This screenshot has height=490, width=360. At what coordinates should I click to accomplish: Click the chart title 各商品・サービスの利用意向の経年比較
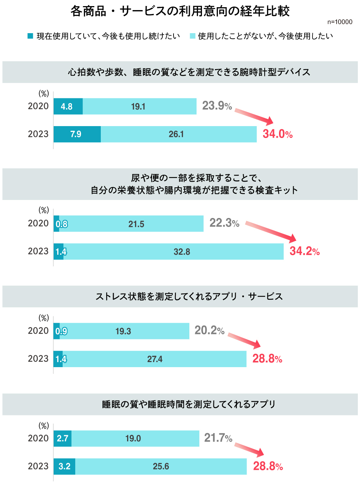pyautogui.click(x=180, y=11)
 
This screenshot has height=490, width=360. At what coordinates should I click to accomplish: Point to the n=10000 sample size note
pyautogui.click(x=339, y=22)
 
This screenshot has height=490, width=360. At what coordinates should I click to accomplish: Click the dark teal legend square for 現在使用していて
pyautogui.click(x=31, y=36)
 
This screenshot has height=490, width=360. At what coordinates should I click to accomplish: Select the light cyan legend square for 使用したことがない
pyautogui.click(x=193, y=36)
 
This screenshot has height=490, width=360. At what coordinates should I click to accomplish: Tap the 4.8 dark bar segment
pyautogui.click(x=68, y=106)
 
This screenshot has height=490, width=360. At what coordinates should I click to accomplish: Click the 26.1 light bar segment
pyautogui.click(x=179, y=134)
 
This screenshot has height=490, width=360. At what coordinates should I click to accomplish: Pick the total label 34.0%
pyautogui.click(x=278, y=134)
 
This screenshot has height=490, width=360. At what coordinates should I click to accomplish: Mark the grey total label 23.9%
pyautogui.click(x=217, y=106)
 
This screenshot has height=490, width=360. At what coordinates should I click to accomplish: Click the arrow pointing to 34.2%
pyautogui.click(x=271, y=232)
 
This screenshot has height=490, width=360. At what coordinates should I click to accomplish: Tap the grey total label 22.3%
pyautogui.click(x=224, y=223)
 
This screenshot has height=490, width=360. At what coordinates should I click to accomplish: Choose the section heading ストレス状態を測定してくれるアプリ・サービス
pyautogui.click(x=189, y=297)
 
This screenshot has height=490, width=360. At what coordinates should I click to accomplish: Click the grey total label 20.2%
pyautogui.click(x=209, y=330)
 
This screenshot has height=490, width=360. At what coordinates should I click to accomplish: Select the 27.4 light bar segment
pyautogui.click(x=155, y=359)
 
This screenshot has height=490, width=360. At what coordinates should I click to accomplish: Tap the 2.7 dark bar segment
pyautogui.click(x=63, y=438)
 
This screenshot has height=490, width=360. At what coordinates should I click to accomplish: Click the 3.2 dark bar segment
pyautogui.click(x=64, y=466)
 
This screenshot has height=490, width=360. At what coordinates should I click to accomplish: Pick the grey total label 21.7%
pyautogui.click(x=218, y=438)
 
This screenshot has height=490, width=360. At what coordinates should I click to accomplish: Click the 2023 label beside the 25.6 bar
pyautogui.click(x=38, y=466)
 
